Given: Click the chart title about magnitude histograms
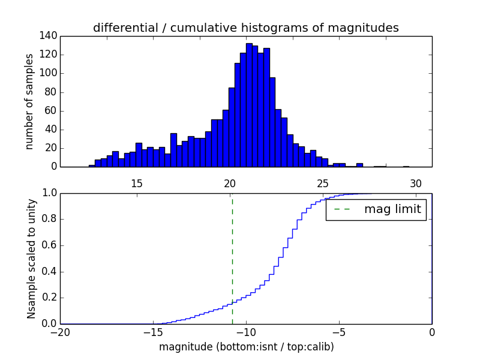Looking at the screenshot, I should [x=245, y=28].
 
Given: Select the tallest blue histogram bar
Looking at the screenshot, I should [x=249, y=105].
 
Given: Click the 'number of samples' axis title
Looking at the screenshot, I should [x=29, y=101].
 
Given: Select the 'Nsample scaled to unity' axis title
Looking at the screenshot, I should [x=31, y=259].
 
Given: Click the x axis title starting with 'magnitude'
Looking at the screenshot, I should [x=246, y=347].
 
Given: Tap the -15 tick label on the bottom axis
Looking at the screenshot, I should [x=154, y=332].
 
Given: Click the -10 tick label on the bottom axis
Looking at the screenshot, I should [x=246, y=332].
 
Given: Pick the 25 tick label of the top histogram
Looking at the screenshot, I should [x=323, y=184].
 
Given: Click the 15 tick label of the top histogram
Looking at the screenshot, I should [x=136, y=184].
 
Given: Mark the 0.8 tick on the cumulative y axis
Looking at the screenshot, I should [x=49, y=219].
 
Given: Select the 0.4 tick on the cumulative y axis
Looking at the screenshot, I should [x=49, y=271].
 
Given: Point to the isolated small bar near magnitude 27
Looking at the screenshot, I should [x=359, y=165].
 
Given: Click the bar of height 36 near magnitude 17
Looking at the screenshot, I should [x=173, y=150].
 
